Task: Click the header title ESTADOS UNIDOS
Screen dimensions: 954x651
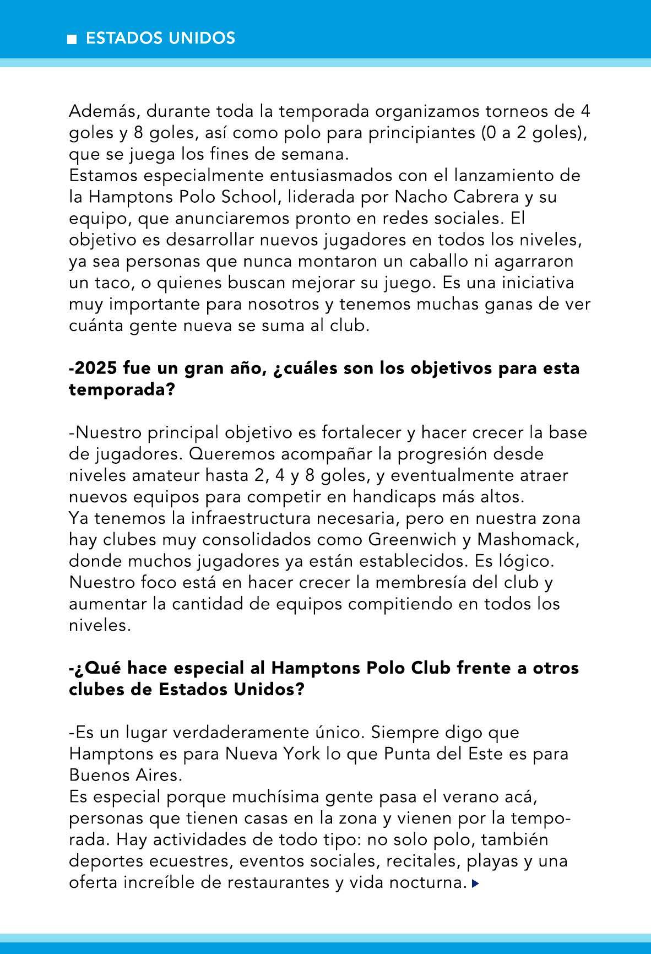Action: (160, 38)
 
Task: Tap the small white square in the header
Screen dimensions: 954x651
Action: (72, 39)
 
